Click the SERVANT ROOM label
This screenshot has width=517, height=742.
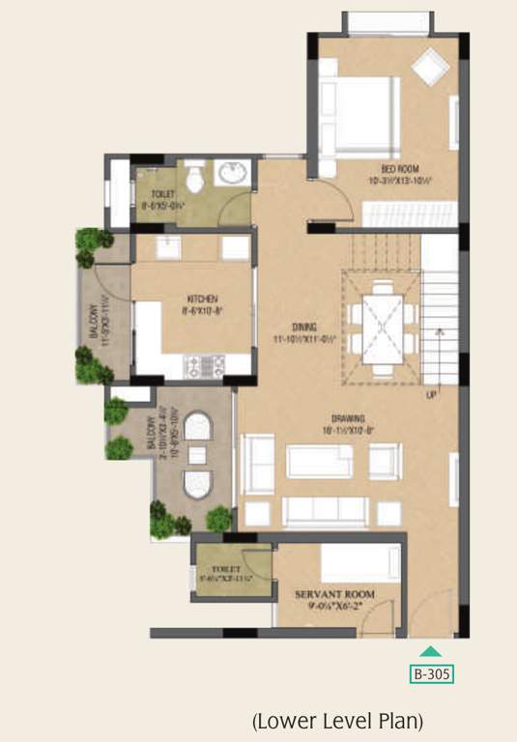coord(335,593)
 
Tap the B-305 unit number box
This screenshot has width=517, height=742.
coord(432,673)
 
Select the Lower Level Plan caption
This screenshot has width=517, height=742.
coord(337,720)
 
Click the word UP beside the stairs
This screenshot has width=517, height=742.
coord(431,394)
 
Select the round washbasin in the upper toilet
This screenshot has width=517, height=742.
coord(231,175)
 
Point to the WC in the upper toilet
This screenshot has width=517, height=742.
coord(194,176)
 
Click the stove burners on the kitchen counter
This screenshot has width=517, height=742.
coord(205,366)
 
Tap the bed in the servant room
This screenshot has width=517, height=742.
coord(360,561)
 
